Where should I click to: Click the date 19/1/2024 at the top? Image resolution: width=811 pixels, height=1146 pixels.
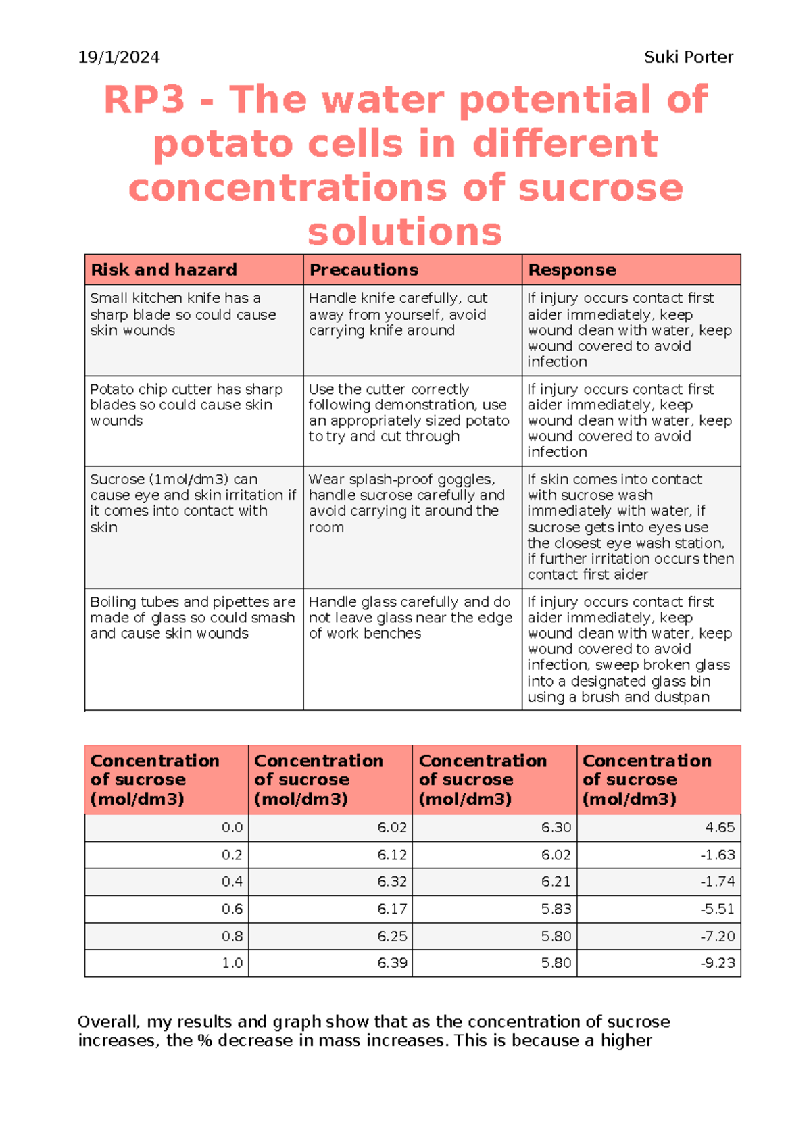point(119,57)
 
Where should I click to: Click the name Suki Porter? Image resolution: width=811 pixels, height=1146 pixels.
point(688,57)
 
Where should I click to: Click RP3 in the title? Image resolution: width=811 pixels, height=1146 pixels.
point(144,100)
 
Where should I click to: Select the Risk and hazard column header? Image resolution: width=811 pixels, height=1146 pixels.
point(164,270)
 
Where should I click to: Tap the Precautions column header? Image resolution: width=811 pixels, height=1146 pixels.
point(364,270)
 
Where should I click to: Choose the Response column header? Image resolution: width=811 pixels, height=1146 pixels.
point(572,270)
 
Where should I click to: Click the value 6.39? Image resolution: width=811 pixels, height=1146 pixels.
point(392,964)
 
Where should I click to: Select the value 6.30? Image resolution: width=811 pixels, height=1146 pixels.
point(556,828)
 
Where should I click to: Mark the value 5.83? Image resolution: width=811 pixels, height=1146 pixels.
point(556,910)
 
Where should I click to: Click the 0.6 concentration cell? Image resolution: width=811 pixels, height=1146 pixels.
point(232,910)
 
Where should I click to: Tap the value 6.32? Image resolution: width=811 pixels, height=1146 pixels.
point(392,882)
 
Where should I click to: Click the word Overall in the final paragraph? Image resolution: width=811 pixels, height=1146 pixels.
point(108,1022)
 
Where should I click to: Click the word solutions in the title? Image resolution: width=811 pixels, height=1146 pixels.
point(404,232)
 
